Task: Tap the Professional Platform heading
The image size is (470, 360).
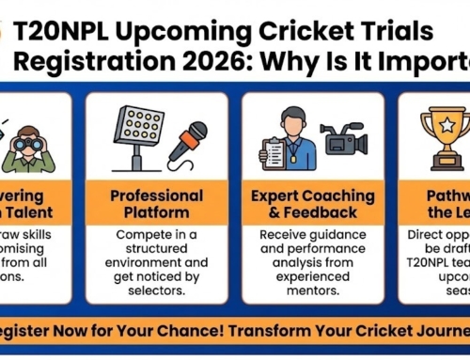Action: pos(156,205)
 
